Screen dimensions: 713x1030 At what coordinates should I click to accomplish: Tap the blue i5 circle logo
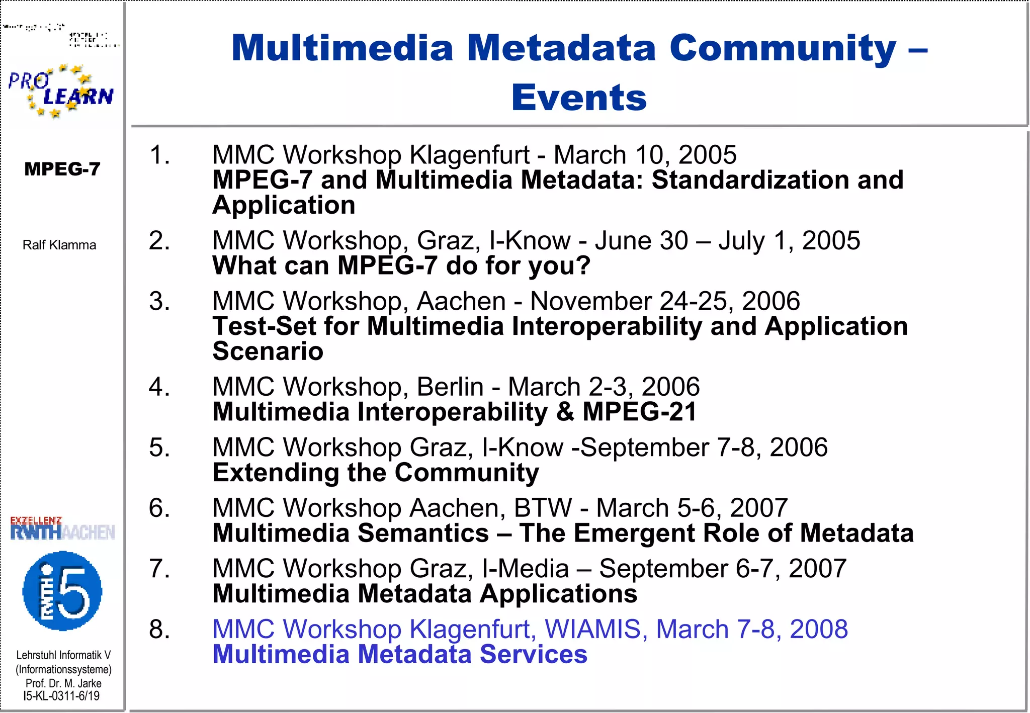click(62, 591)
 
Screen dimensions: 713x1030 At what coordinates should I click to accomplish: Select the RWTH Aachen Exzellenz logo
click(62, 528)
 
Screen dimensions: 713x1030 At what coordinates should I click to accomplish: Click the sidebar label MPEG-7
click(62, 169)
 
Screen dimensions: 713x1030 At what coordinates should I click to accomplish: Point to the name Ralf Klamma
click(59, 245)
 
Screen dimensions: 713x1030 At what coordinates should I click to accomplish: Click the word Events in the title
click(579, 98)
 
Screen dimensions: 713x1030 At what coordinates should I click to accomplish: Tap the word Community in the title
click(783, 48)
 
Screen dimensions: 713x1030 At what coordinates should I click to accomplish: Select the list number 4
click(159, 387)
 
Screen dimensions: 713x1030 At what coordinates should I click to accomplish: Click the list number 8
click(159, 629)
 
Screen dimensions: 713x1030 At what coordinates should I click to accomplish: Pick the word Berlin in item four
click(450, 387)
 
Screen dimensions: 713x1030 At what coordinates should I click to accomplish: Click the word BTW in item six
click(543, 508)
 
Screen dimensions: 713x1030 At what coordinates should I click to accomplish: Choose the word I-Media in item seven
click(525, 569)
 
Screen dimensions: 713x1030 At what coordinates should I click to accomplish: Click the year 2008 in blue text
click(819, 629)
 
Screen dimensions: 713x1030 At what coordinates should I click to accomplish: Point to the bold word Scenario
click(268, 351)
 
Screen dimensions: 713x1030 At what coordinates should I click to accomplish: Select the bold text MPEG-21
click(639, 412)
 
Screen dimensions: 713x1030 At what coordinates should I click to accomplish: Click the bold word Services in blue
click(533, 654)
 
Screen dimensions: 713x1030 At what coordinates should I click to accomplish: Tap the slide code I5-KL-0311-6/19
click(61, 696)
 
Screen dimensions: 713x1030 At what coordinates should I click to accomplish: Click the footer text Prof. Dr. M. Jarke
click(63, 683)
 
